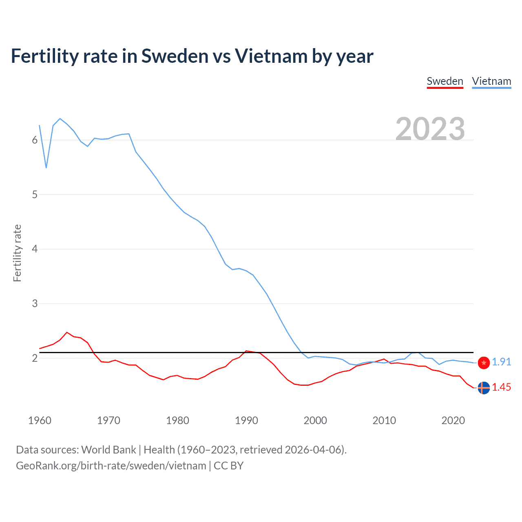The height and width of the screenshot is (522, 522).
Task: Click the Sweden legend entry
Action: (x=445, y=81)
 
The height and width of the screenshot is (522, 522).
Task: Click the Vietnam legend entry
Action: (x=491, y=81)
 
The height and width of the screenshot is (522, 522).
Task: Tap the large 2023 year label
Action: (x=430, y=129)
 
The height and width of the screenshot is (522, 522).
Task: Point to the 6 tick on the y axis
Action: (x=35, y=140)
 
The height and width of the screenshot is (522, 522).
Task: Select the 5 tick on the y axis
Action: (x=35, y=195)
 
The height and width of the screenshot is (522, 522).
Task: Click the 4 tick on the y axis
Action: (x=35, y=249)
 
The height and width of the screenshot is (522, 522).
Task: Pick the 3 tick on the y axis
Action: (x=35, y=303)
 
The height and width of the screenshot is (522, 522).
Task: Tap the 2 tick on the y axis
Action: (x=35, y=358)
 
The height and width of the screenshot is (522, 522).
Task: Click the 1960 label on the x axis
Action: (x=40, y=420)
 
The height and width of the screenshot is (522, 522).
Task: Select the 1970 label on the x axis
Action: (x=108, y=420)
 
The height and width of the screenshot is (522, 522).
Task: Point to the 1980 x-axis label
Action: (x=177, y=420)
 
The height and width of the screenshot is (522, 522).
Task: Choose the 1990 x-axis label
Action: (x=246, y=420)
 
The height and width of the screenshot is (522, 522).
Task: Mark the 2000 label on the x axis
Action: (x=315, y=420)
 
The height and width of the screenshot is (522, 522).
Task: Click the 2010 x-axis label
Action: (x=384, y=420)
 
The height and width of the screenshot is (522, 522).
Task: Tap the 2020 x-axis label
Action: (x=453, y=420)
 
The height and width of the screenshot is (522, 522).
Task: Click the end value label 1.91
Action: (x=501, y=362)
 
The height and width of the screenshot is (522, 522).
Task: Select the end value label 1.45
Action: (x=501, y=387)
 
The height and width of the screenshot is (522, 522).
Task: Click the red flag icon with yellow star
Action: (x=484, y=363)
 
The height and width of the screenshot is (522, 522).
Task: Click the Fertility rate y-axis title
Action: (x=17, y=253)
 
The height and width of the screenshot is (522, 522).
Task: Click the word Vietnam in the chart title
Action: (x=270, y=56)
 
